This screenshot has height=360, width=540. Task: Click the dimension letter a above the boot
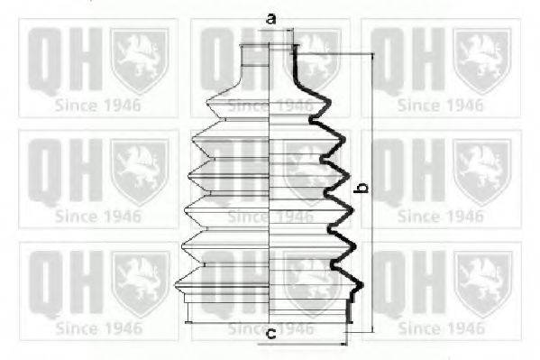coord(270,18)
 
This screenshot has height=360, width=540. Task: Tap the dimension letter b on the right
coord(362,189)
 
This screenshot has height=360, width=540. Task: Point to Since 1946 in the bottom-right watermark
coord(441,328)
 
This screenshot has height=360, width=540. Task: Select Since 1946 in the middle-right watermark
coord(441,217)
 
